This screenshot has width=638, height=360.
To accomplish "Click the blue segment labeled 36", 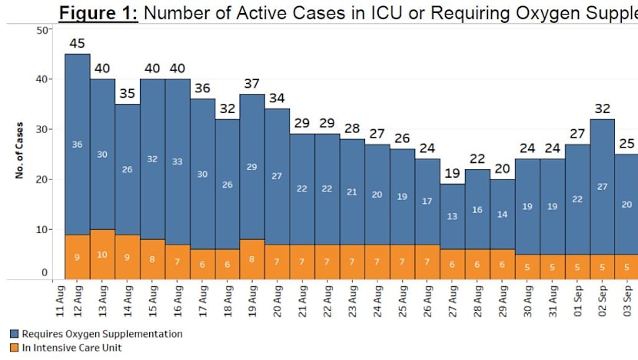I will pyautogui.click(x=77, y=144).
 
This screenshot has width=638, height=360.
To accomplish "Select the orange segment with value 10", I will pyautogui.click(x=102, y=254).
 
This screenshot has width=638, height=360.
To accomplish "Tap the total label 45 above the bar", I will pyautogui.click(x=77, y=44).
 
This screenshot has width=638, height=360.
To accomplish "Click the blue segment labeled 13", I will pyautogui.click(x=452, y=216).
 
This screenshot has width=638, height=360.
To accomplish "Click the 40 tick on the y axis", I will pyautogui.click(x=45, y=79).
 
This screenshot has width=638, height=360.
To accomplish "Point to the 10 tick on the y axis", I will pyautogui.click(x=45, y=229).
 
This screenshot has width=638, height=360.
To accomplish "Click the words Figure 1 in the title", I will pyautogui.click(x=98, y=13).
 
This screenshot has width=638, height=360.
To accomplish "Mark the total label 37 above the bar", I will pyautogui.click(x=252, y=84).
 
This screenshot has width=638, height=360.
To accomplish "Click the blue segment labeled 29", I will pyautogui.click(x=252, y=167).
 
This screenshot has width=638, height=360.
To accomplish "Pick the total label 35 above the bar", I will pyautogui.click(x=127, y=94).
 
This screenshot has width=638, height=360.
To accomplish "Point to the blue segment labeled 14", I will pyautogui.click(x=502, y=215).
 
